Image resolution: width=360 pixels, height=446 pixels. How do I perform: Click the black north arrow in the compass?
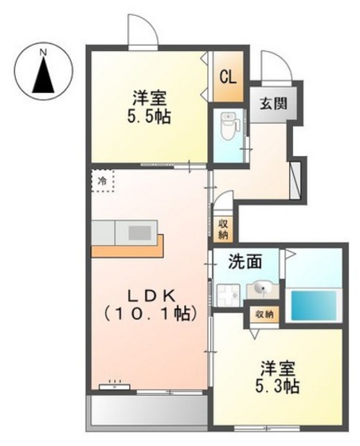(x=43, y=76)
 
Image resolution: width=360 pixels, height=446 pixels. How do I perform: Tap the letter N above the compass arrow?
(x=43, y=53)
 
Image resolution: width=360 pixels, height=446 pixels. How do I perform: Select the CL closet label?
(x=229, y=76)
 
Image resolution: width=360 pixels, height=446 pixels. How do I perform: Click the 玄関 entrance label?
(x=273, y=104)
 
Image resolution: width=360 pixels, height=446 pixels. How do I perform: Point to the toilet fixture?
(x=229, y=127)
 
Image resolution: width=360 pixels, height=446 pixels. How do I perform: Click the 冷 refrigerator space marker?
(x=103, y=181)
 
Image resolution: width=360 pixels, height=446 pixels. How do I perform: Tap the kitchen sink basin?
(x=139, y=233)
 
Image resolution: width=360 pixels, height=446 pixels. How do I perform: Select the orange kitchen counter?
(x=127, y=247)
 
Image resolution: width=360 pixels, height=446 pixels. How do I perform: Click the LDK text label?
(x=151, y=297)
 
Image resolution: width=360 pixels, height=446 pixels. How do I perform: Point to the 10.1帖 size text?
(x=151, y=314)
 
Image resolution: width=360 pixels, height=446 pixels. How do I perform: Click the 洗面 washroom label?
(x=245, y=261)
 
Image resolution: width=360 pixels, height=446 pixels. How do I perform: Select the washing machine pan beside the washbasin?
(x=228, y=295)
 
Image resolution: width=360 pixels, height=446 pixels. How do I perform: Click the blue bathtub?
(x=313, y=306)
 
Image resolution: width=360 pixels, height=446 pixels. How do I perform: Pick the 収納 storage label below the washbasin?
(x=264, y=315)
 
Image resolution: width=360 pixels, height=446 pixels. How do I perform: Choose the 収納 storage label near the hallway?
(x=223, y=230)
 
